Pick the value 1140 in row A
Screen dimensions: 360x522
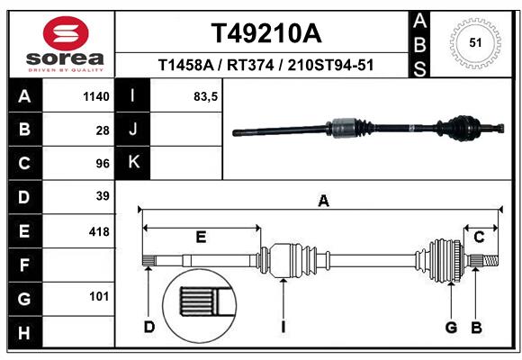pyautogui.click(x=95, y=96)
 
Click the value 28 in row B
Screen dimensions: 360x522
pyautogui.click(x=102, y=130)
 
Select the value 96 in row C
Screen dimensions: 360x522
pyautogui.click(x=102, y=163)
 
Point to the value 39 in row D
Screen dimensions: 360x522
pyautogui.click(x=102, y=196)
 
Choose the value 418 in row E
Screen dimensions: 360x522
pyautogui.click(x=98, y=231)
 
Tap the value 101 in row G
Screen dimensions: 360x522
pyautogui.click(x=99, y=296)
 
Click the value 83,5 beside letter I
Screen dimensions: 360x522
pyautogui.click(x=206, y=96)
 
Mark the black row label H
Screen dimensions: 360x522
pyautogui.click(x=24, y=333)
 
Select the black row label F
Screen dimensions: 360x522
pyautogui.click(x=24, y=265)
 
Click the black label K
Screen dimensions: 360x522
pyautogui.click(x=134, y=163)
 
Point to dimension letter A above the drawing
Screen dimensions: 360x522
pyautogui.click(x=322, y=202)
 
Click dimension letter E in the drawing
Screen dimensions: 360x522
pyautogui.click(x=201, y=238)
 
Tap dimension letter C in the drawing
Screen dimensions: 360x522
pyautogui.click(x=480, y=238)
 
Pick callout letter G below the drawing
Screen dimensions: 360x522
pyautogui.click(x=451, y=327)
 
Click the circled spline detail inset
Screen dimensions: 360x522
pyautogui.click(x=193, y=303)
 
